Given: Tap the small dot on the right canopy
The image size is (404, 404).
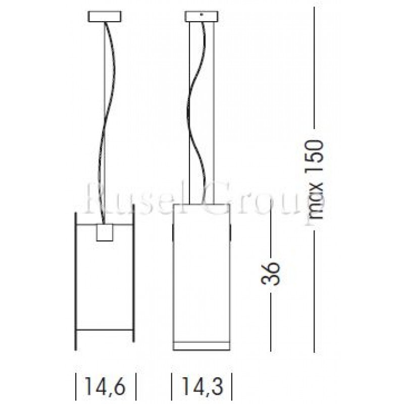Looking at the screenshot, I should pyautogui.click(x=201, y=14).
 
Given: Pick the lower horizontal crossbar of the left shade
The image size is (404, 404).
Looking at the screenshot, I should pyautogui.click(x=105, y=331).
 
